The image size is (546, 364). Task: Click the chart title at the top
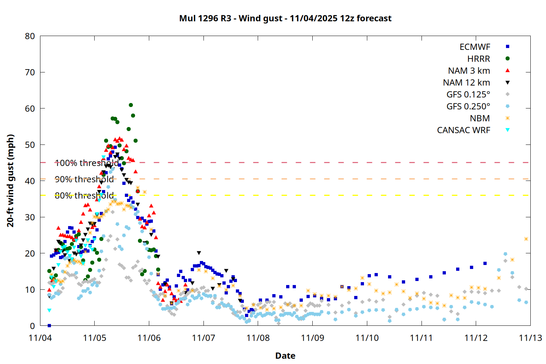(285, 18)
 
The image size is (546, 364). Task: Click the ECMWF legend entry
(475, 47)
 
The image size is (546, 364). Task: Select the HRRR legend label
(479, 59)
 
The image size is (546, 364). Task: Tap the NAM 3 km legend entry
(469, 71)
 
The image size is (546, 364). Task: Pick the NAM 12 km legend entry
(466, 83)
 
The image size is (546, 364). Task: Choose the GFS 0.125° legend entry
(468, 95)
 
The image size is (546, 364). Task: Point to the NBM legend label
(480, 118)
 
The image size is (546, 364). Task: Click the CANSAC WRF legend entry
(463, 130)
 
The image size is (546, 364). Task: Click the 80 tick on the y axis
(30, 36)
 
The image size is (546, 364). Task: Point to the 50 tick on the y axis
(30, 145)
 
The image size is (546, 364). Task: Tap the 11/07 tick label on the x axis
(203, 338)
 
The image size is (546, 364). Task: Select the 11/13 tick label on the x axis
(530, 338)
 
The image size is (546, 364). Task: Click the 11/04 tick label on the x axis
(40, 338)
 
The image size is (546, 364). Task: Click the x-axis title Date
(285, 356)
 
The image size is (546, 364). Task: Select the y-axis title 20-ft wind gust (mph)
(11, 181)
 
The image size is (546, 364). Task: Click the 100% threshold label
(87, 163)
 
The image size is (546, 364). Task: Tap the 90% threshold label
(84, 179)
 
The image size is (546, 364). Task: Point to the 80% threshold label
(84, 196)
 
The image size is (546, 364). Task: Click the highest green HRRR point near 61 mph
(131, 105)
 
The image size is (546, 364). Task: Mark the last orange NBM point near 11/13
(526, 239)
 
